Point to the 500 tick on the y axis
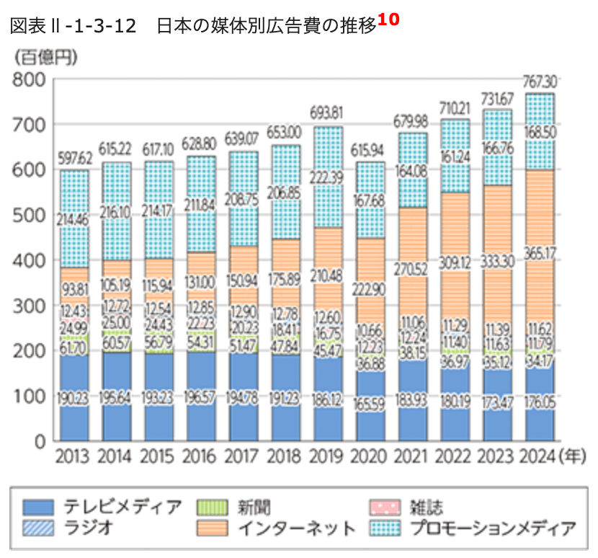pos(30,215)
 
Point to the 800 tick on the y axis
pos(30,79)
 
